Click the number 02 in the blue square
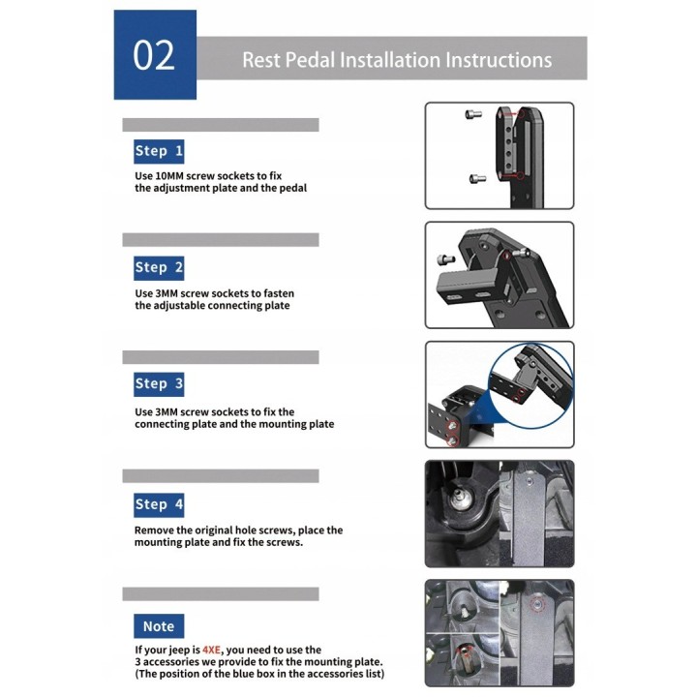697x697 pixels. coord(154,55)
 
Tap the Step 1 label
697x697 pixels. coord(159,151)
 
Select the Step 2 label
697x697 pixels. coord(159,267)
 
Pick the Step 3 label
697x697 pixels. coord(159,384)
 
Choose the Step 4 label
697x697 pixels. coord(159,504)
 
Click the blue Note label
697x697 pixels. coord(159,626)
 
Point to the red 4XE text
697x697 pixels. coord(211,650)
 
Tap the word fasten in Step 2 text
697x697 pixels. coord(279,293)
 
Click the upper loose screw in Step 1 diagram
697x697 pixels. coord(473,114)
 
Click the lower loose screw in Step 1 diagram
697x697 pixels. coord(477,178)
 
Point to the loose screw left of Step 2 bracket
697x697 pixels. coord(446,258)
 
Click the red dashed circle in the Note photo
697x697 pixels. coord(537,604)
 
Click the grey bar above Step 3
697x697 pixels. coord(221,357)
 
